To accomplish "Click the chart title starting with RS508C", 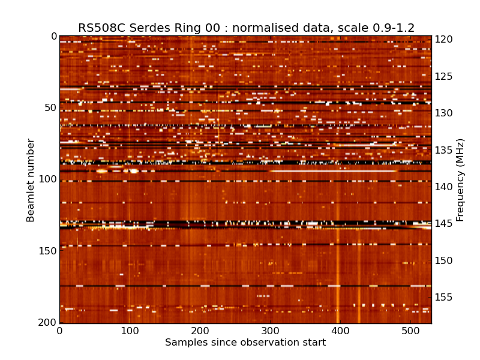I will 246,28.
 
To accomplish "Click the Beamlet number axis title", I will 31,180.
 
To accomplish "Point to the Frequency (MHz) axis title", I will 460,180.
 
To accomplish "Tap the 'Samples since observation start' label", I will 245,343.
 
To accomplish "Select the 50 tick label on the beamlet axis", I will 49,108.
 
